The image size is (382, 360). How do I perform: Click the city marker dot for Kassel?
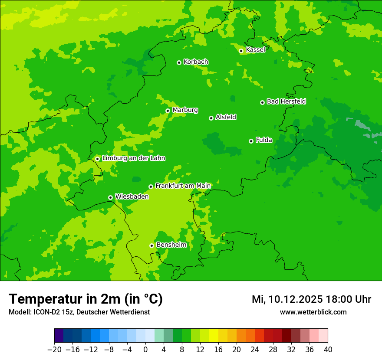pos(241,51)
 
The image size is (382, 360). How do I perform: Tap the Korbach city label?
pos(196,62)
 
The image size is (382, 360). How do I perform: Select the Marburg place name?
pos(185,110)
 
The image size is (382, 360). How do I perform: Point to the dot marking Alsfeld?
pos(211,118)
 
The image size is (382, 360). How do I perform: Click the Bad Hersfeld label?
pos(286,101)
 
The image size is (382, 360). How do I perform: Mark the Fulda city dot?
pos(251,141)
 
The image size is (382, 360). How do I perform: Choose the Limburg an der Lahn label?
pos(133,158)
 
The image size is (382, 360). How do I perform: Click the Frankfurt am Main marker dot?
pos(151,187)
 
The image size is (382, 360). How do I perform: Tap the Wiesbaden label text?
pos(132,196)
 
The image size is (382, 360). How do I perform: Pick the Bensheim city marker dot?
pos(151,245)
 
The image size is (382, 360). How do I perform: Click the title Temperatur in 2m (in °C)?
pos(86,299)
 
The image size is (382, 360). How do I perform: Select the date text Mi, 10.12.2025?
pos(287,299)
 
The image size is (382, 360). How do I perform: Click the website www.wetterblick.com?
pos(313,312)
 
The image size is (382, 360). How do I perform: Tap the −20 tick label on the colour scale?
pos(54,349)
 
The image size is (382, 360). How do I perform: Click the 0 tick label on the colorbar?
pos(145,349)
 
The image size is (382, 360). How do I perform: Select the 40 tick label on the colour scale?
pos(328,349)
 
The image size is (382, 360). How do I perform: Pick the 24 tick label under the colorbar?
pos(255,349)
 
